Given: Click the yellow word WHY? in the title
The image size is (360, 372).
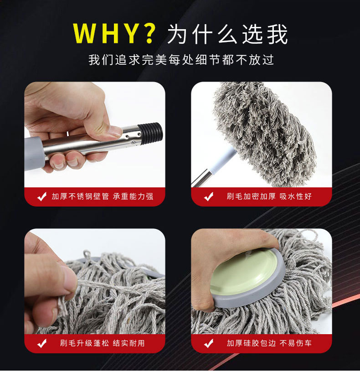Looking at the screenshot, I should [114, 33].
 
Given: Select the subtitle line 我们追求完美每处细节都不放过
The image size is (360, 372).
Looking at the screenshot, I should [181, 60].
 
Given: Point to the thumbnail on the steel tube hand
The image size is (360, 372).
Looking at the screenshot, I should [115, 131].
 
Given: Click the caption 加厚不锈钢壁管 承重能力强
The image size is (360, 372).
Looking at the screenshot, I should [102, 196].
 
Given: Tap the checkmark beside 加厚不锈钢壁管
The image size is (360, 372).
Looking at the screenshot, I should [42, 197].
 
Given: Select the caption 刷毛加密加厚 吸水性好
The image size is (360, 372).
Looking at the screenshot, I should [269, 196].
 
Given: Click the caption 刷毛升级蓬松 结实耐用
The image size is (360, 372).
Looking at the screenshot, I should [102, 343].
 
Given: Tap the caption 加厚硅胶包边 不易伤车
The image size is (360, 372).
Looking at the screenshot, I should [269, 343].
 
